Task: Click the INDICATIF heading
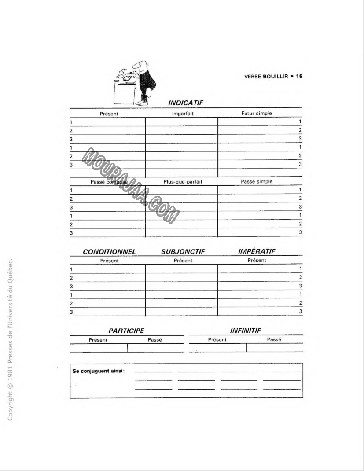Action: (x=185, y=103)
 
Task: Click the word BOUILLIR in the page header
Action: (x=276, y=76)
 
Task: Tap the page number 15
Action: (x=299, y=76)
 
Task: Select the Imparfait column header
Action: (x=183, y=113)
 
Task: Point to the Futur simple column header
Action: (x=257, y=113)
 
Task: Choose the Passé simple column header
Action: (x=257, y=181)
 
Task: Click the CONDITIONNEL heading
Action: (x=109, y=252)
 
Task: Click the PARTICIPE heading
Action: (x=126, y=331)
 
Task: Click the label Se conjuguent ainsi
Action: (x=99, y=370)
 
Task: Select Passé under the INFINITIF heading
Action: (x=274, y=339)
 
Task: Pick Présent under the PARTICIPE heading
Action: (x=98, y=339)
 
